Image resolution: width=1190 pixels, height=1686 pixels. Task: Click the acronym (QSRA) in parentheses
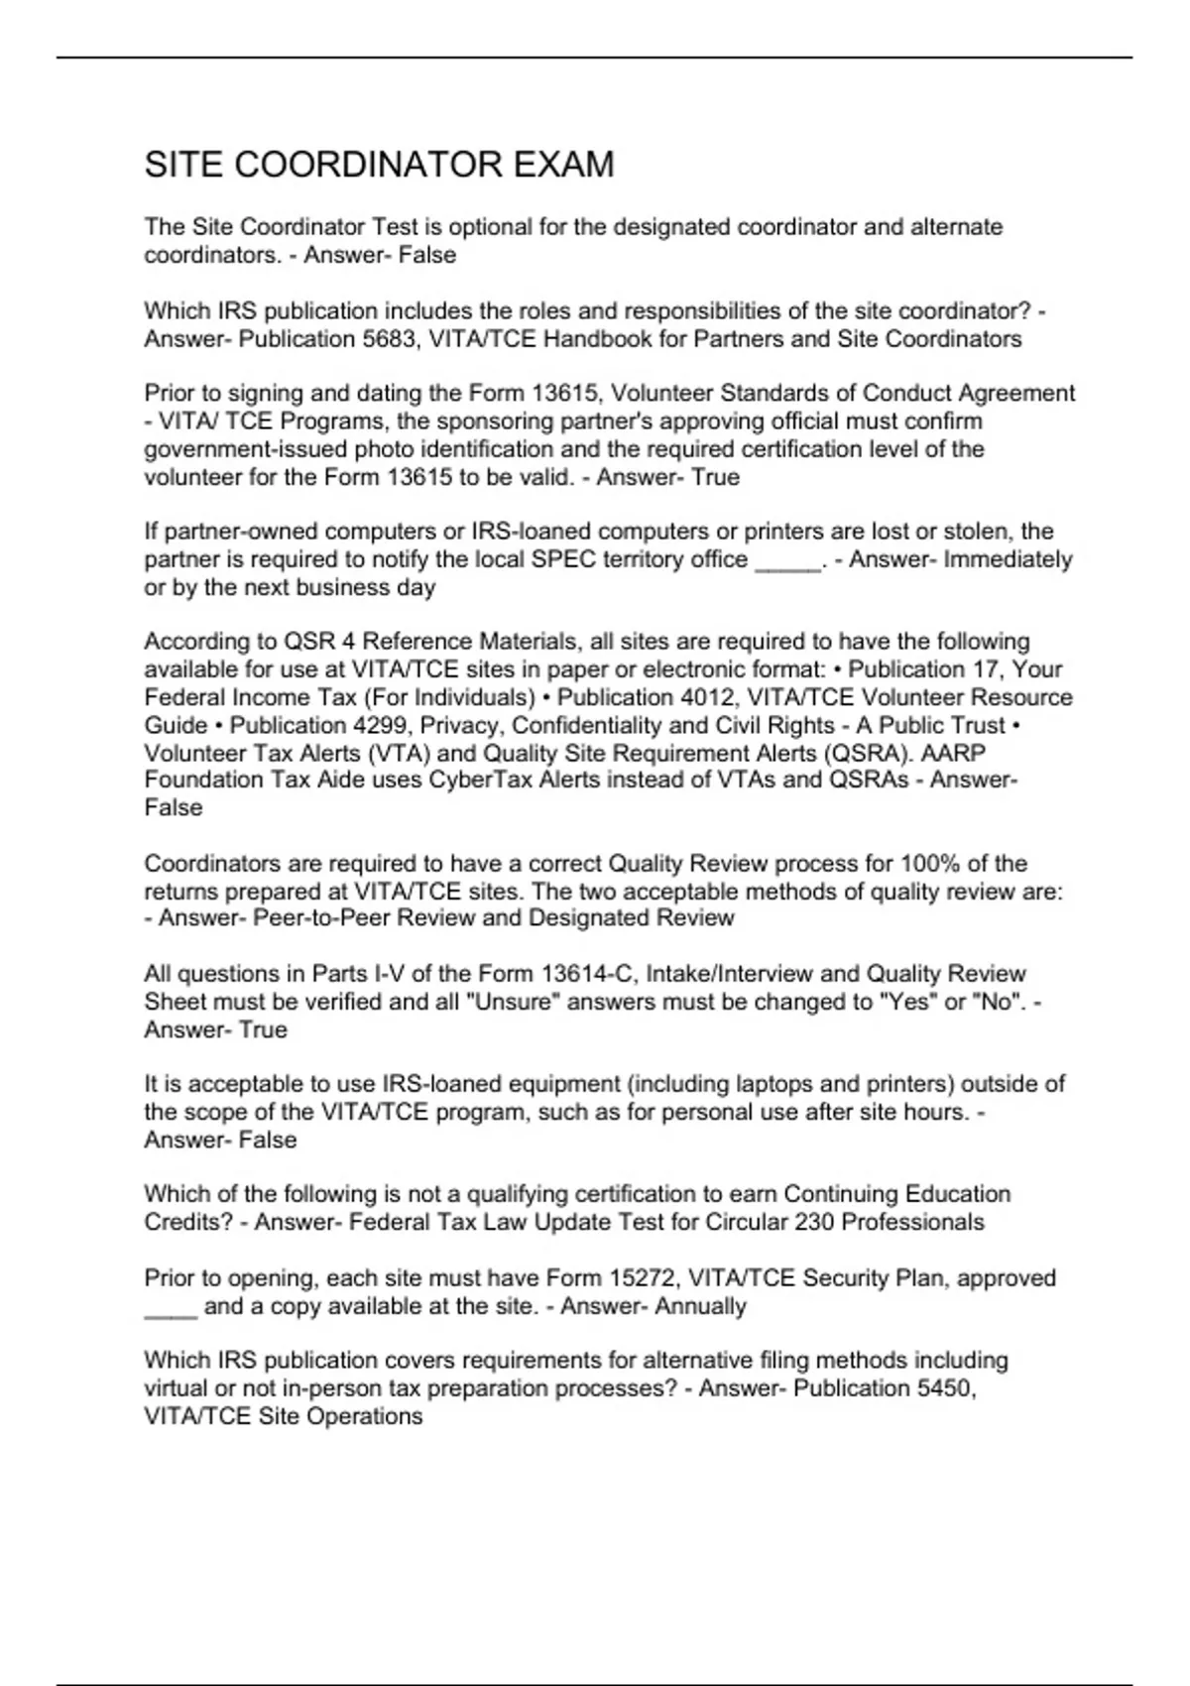click(x=874, y=753)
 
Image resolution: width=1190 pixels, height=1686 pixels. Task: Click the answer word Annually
click(x=702, y=1306)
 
